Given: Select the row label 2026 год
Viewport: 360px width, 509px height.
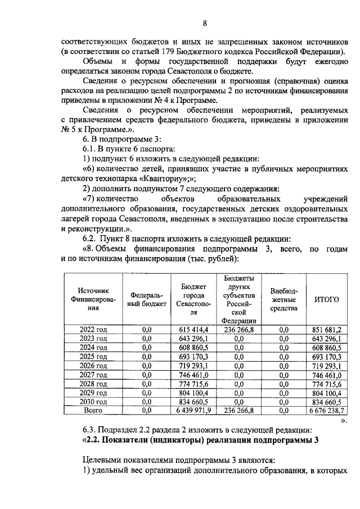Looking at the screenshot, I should tap(93, 365).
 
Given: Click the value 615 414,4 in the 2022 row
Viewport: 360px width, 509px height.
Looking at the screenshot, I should tap(193, 329).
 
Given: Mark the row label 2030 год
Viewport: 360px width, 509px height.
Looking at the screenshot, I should tap(93, 402).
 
